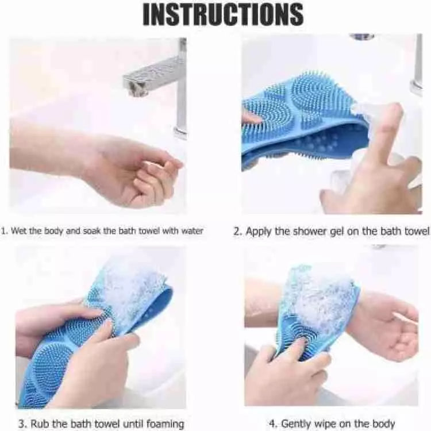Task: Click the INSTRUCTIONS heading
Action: click(223, 15)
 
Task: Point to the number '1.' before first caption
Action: click(5, 231)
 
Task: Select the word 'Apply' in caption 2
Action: click(259, 231)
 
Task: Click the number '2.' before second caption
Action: click(237, 231)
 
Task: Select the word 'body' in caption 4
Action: click(383, 424)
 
